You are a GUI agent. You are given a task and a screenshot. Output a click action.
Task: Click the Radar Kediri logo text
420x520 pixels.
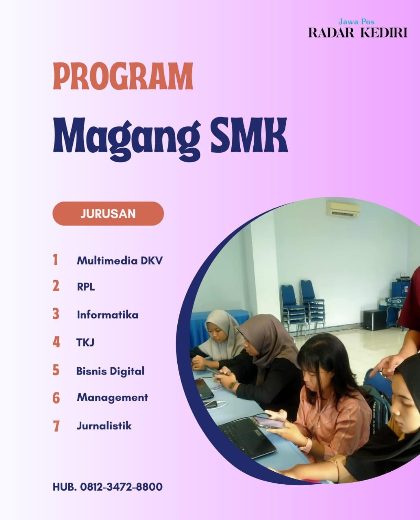(358, 32)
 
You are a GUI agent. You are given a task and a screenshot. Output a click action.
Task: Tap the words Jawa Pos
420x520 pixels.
(356, 22)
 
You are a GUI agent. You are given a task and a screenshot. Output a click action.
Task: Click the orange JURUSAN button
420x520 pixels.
(108, 214)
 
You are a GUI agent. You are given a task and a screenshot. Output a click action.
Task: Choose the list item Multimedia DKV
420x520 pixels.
(120, 260)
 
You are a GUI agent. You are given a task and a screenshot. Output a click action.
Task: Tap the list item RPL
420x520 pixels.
(86, 287)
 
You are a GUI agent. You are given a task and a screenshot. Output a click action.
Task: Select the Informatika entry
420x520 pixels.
(107, 315)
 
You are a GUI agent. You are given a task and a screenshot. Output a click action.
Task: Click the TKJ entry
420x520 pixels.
(85, 343)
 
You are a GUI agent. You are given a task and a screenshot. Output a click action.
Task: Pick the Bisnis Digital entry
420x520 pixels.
(110, 371)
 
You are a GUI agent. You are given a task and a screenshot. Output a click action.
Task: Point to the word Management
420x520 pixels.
(112, 397)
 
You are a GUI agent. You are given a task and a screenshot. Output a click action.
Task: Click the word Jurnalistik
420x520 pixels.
(104, 426)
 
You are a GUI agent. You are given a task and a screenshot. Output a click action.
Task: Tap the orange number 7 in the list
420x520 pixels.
(56, 426)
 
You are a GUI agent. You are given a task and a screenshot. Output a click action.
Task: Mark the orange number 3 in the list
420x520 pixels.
(56, 314)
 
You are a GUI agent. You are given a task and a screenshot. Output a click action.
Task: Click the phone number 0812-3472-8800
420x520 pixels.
(121, 487)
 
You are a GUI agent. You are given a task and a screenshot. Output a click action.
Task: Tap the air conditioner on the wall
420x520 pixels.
(343, 210)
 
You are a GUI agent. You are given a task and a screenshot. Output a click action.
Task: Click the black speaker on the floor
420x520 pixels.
(374, 320)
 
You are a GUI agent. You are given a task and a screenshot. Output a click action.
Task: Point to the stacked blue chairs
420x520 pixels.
(302, 305)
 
